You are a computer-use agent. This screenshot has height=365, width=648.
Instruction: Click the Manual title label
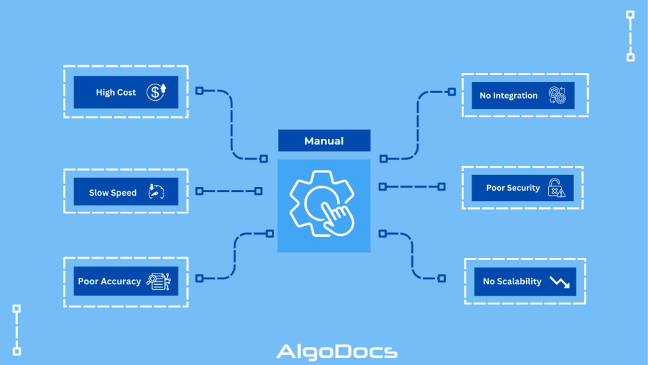(x=324, y=141)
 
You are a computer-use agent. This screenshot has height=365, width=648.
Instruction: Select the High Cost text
(x=115, y=92)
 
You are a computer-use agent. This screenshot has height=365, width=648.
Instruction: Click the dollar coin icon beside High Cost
(x=157, y=91)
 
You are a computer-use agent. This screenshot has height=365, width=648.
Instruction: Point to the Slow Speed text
(x=113, y=193)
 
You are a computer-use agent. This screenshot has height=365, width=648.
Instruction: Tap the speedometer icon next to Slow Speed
(x=156, y=192)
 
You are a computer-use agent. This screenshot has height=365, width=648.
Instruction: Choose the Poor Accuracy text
(x=109, y=281)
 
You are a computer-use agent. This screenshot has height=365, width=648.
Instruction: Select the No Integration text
(x=508, y=96)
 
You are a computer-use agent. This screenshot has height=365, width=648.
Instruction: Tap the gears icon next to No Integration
(x=557, y=96)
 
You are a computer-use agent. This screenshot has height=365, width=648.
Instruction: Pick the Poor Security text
(x=513, y=188)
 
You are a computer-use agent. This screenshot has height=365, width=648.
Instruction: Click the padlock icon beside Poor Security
(x=557, y=188)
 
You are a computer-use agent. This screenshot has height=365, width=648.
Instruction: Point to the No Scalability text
(x=512, y=281)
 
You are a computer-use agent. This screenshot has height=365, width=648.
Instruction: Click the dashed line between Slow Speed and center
(x=229, y=191)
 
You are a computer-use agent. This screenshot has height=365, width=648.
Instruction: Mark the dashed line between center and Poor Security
(x=411, y=186)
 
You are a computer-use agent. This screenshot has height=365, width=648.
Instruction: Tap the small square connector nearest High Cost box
(x=199, y=91)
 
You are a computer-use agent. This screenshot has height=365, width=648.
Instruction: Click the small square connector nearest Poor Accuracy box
(x=199, y=278)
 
